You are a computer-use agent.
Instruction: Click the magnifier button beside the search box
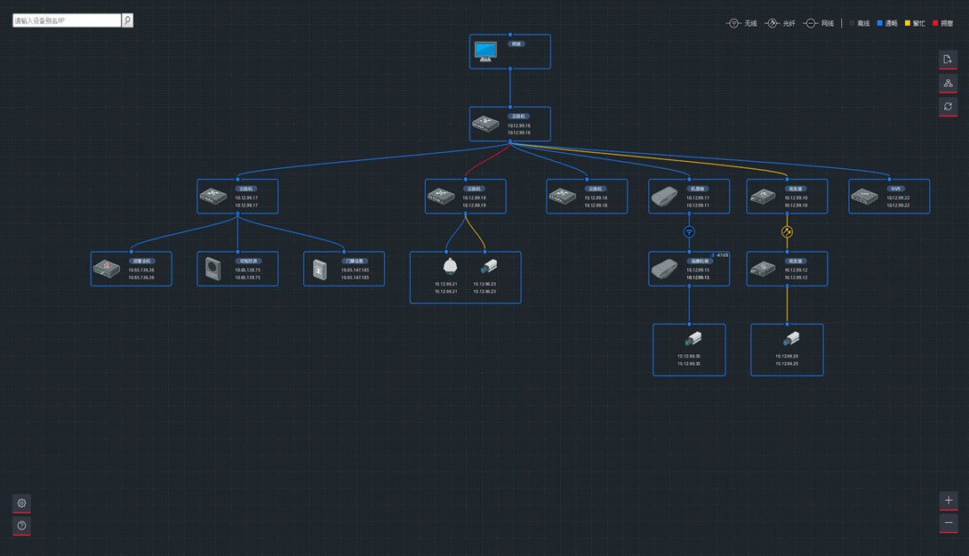pos(127,20)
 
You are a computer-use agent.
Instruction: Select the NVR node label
pos(896,189)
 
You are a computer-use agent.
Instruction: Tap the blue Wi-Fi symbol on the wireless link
pos(689,231)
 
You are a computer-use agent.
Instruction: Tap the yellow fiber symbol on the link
pos(787,231)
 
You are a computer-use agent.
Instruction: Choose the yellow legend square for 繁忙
pos(908,23)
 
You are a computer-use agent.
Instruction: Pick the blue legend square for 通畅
pos(880,23)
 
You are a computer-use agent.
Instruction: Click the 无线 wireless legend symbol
pos(734,23)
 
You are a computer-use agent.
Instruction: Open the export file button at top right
pos(949,59)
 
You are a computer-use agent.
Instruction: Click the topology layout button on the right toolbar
pos(949,83)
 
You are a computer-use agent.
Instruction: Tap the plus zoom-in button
pos(949,501)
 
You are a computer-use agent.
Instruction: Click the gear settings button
pos(22,503)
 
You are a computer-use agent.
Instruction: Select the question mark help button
pos(22,526)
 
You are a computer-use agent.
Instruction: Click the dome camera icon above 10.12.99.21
pos(449,266)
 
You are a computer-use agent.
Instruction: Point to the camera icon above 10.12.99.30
pos(693,339)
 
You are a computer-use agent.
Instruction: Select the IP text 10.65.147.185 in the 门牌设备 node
pos(355,270)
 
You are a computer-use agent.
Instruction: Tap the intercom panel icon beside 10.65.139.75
pos(212,268)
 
